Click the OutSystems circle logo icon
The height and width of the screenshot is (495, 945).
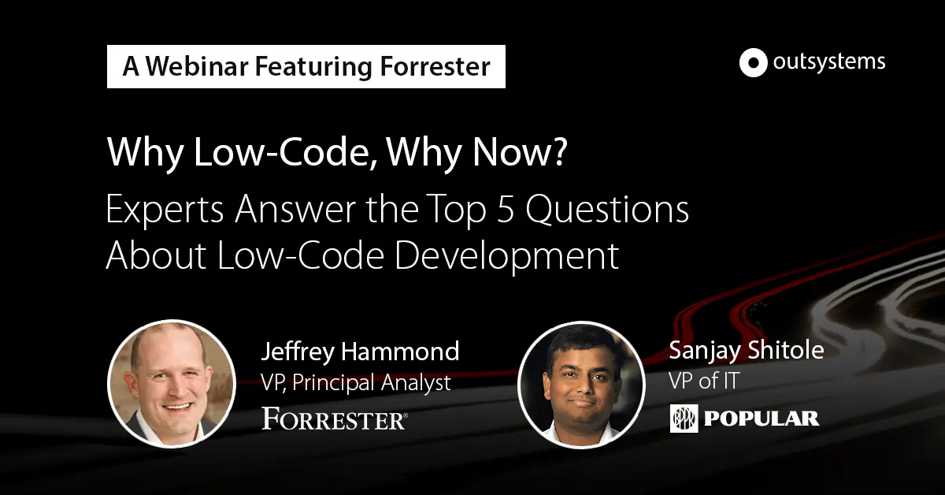click(753, 62)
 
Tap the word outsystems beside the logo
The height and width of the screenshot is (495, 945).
click(829, 62)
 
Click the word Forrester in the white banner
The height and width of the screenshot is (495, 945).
click(435, 66)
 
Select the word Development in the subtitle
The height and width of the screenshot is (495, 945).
click(506, 255)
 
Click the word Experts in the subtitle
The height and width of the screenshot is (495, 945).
click(165, 210)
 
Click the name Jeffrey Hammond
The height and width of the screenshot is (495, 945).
click(361, 351)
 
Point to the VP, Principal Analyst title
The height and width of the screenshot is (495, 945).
click(356, 382)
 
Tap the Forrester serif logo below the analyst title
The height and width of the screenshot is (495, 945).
click(335, 418)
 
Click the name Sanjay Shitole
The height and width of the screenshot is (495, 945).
click(747, 351)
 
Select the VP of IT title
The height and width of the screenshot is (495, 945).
click(704, 381)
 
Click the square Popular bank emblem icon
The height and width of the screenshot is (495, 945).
click(684, 418)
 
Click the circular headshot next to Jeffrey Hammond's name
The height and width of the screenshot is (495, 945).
click(172, 384)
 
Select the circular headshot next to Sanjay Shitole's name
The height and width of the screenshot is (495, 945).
click(581, 385)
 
